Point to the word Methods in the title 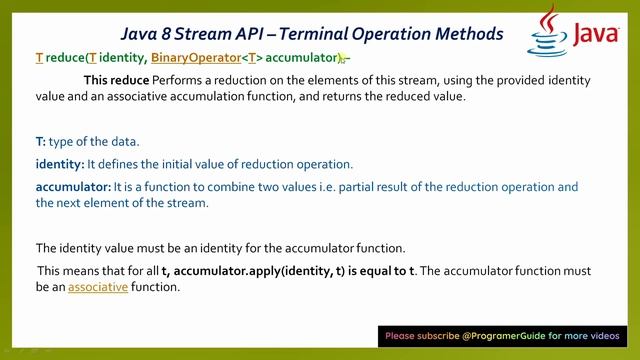point(466,33)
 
